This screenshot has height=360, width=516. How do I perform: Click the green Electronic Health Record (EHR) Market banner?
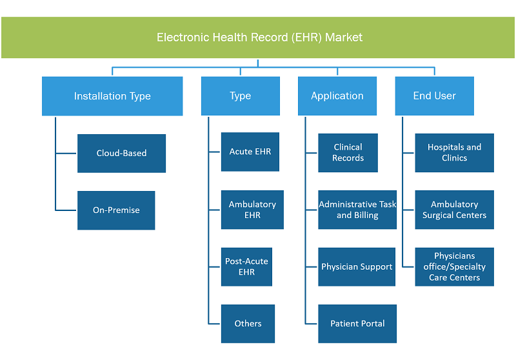258,37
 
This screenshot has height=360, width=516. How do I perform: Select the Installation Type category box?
112,96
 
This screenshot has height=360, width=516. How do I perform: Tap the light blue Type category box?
241,96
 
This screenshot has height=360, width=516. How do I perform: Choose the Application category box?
337,96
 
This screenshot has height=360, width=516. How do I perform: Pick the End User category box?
434,96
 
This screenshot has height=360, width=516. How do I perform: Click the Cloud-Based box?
121,154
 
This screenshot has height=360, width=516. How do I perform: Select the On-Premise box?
116,210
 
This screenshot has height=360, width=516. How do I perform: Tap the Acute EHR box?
250,152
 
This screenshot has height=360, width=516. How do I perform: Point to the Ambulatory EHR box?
252,210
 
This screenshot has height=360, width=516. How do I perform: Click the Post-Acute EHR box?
246,267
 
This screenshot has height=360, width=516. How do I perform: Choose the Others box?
248,324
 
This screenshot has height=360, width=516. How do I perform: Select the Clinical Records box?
348,153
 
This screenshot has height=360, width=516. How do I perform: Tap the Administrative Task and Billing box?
357,210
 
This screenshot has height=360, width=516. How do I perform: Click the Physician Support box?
357,267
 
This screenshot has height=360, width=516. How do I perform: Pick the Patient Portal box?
357,324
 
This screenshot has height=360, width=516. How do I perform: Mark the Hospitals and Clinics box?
455,153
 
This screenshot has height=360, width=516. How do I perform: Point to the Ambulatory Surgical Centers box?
455,210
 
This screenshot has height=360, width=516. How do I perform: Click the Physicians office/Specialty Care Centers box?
455,267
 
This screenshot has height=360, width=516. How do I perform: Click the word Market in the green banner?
344,37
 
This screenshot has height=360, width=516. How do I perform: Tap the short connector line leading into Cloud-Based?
66,154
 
